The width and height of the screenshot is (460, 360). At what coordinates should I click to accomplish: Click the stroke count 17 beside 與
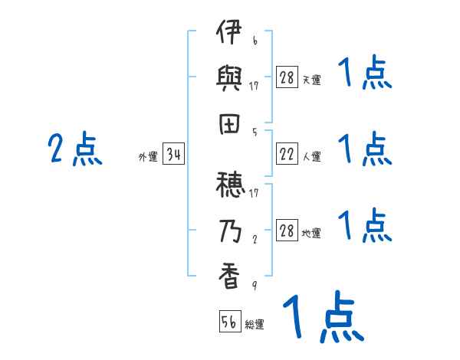click(255, 87)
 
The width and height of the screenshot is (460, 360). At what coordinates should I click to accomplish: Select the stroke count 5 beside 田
click(255, 132)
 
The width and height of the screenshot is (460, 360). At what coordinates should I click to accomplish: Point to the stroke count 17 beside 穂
click(255, 192)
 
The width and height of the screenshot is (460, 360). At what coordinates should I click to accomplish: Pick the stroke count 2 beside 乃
click(255, 237)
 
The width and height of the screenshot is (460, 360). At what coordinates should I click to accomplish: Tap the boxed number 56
click(229, 322)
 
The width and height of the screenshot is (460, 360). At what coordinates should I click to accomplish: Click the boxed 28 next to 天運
click(287, 77)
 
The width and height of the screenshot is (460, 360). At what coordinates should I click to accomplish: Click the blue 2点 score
click(75, 149)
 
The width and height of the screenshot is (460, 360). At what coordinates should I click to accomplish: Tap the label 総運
click(255, 325)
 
